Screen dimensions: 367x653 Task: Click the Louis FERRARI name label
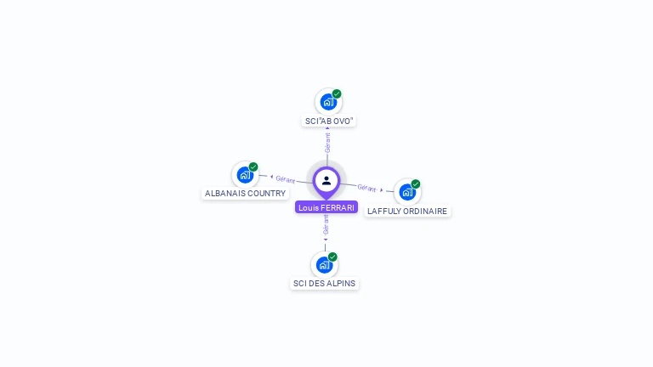point(326,207)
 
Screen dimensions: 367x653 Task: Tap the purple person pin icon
point(326,180)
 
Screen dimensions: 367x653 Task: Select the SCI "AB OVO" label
point(329,121)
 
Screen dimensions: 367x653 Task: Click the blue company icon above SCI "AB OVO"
point(327,102)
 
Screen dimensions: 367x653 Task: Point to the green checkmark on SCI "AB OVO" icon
point(337,94)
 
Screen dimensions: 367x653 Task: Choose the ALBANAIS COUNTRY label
point(246,194)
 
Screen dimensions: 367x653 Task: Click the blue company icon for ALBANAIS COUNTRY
point(245,175)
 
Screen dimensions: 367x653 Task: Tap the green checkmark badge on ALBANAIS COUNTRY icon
point(253,167)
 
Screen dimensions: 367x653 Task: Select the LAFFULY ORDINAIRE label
point(407,211)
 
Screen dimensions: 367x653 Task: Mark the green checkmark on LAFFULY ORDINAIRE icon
point(416,184)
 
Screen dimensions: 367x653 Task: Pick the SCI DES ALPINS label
point(325,283)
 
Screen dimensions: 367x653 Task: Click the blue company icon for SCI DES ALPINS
point(324,264)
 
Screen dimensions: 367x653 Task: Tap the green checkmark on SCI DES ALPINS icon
point(332,257)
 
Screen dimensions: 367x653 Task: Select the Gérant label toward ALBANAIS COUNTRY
point(285,179)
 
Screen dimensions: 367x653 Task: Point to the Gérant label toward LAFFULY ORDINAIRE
point(367,188)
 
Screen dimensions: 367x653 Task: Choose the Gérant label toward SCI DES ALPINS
point(326,224)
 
